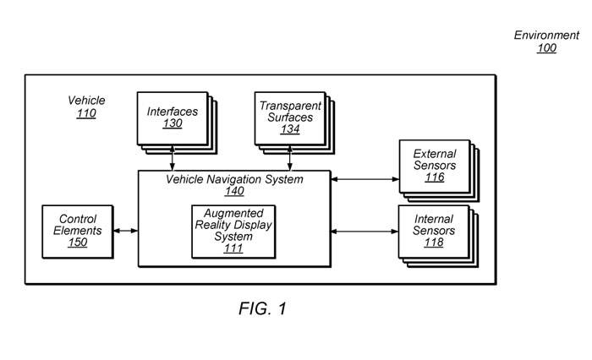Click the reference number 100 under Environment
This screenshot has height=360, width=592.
pyautogui.click(x=546, y=48)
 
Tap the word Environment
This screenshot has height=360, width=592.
pyautogui.click(x=546, y=35)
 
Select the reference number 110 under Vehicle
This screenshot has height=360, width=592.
pyautogui.click(x=86, y=113)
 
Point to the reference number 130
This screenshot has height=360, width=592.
pyautogui.click(x=173, y=123)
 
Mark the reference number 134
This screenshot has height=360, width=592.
pyautogui.click(x=290, y=129)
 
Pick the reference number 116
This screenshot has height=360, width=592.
pyautogui.click(x=435, y=177)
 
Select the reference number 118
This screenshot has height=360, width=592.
pyautogui.click(x=435, y=243)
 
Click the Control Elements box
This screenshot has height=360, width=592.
pyautogui.click(x=79, y=231)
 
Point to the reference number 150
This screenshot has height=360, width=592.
pyautogui.click(x=79, y=243)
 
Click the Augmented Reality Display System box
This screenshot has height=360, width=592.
pyautogui.click(x=228, y=231)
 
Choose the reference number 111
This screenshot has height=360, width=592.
pyautogui.click(x=228, y=248)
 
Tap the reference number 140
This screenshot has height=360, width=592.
pyautogui.click(x=233, y=192)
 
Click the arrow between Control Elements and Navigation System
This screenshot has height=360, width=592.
pyautogui.click(x=126, y=230)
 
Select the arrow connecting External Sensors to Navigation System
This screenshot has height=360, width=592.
pyautogui.click(x=364, y=179)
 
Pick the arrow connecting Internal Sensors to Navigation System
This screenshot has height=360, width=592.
pyautogui.click(x=364, y=230)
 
